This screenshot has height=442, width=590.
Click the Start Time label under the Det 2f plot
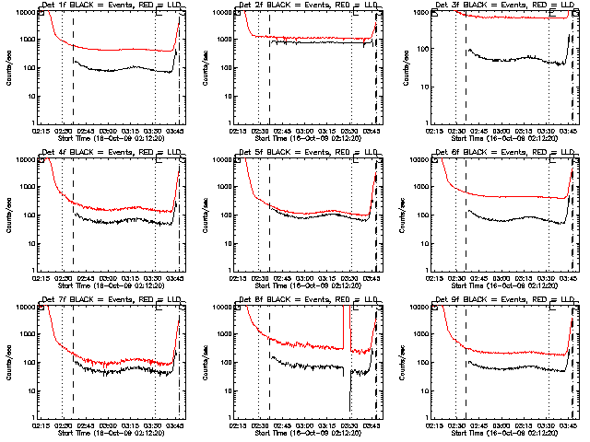click(308, 137)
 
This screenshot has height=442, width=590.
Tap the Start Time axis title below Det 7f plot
click(111, 432)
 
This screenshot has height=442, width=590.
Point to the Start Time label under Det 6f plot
click(504, 285)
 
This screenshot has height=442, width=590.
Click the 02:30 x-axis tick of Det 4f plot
click(63, 277)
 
